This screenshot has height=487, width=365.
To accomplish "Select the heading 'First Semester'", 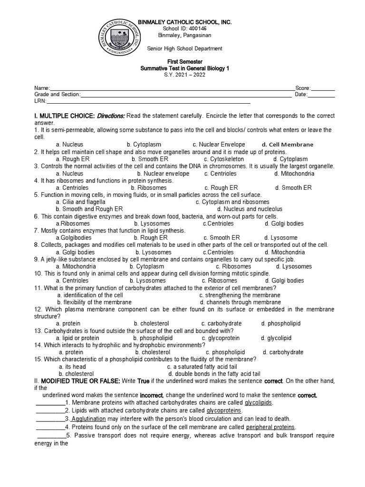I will (183, 62).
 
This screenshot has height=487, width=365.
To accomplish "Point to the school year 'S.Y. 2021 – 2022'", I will (183, 76).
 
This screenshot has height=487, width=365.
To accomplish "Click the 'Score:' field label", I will (303, 88).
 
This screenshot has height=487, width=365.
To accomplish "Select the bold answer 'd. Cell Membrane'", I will (288, 145).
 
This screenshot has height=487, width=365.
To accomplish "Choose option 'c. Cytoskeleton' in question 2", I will (224, 159).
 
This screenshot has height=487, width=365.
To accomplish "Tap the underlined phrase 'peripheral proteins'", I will (270, 427).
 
